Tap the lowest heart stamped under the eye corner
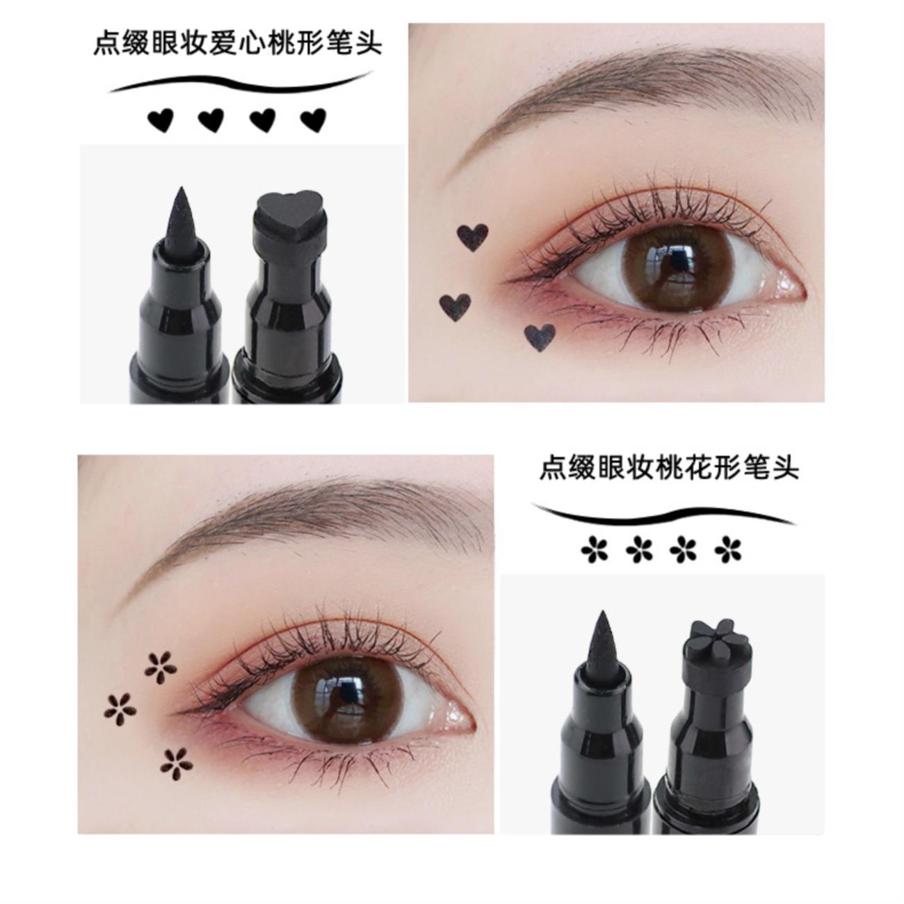point(540,337)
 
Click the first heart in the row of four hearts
point(161,121)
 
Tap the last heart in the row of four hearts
point(314,121)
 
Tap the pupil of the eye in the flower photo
point(347,694)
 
